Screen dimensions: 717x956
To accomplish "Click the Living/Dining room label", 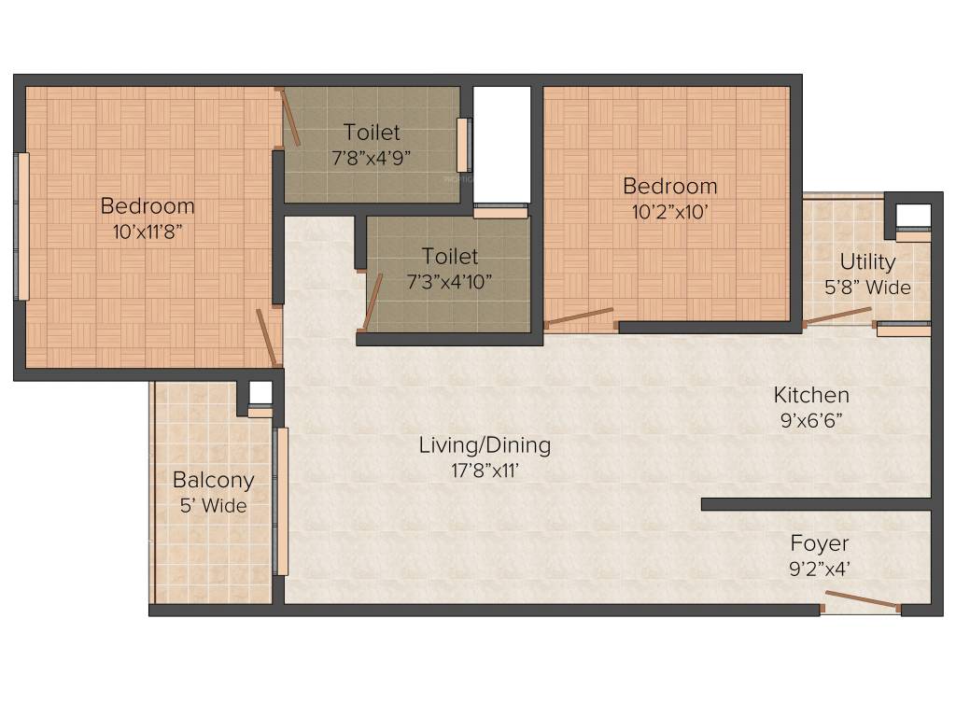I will pyautogui.click(x=484, y=445).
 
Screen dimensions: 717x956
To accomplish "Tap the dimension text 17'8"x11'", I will pyautogui.click(x=484, y=471).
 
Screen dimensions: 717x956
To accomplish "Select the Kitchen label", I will pyautogui.click(x=811, y=395).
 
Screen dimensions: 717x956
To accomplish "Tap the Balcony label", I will pyautogui.click(x=213, y=481).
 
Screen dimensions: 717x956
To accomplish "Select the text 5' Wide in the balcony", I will pyautogui.click(x=213, y=506).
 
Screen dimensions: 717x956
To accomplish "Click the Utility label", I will pyautogui.click(x=866, y=261).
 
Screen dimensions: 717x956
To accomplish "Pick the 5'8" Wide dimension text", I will pyautogui.click(x=866, y=288).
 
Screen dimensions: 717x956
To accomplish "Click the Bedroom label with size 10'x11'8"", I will pyautogui.click(x=148, y=205).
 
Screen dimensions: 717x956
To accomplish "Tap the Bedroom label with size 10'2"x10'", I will pyautogui.click(x=670, y=186).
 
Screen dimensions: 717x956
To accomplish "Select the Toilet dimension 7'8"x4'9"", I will pyautogui.click(x=371, y=157).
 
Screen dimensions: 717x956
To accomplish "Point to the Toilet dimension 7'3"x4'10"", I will pyautogui.click(x=449, y=280).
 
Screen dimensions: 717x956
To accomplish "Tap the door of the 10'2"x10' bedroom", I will pyautogui.click(x=579, y=317).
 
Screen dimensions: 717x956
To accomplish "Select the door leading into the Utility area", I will pyautogui.click(x=837, y=316).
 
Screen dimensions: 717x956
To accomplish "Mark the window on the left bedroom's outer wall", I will pyautogui.click(x=22, y=226).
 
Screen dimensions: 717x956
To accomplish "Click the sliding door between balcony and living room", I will pyautogui.click(x=281, y=500).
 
